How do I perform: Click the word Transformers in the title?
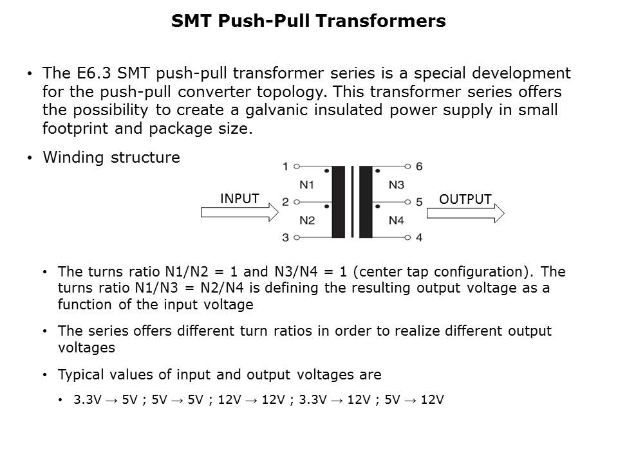(x=380, y=21)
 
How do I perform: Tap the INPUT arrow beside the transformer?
(x=239, y=212)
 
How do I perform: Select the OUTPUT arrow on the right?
(x=465, y=213)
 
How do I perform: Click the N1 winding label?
(x=306, y=185)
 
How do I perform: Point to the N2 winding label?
(x=307, y=220)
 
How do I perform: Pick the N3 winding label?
(x=396, y=185)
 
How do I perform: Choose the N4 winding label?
(x=396, y=220)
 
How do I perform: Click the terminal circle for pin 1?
(x=297, y=167)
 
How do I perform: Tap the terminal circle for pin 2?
(x=297, y=202)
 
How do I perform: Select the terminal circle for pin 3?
(x=297, y=237)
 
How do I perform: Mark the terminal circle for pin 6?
(x=407, y=167)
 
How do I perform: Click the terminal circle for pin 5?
(x=407, y=202)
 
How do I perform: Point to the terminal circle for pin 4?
(x=407, y=237)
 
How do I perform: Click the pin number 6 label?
(x=419, y=167)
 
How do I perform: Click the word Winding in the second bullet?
(x=73, y=158)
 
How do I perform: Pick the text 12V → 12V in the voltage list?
(x=251, y=399)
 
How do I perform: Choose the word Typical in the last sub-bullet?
(x=81, y=374)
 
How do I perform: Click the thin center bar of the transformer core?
(x=352, y=202)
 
